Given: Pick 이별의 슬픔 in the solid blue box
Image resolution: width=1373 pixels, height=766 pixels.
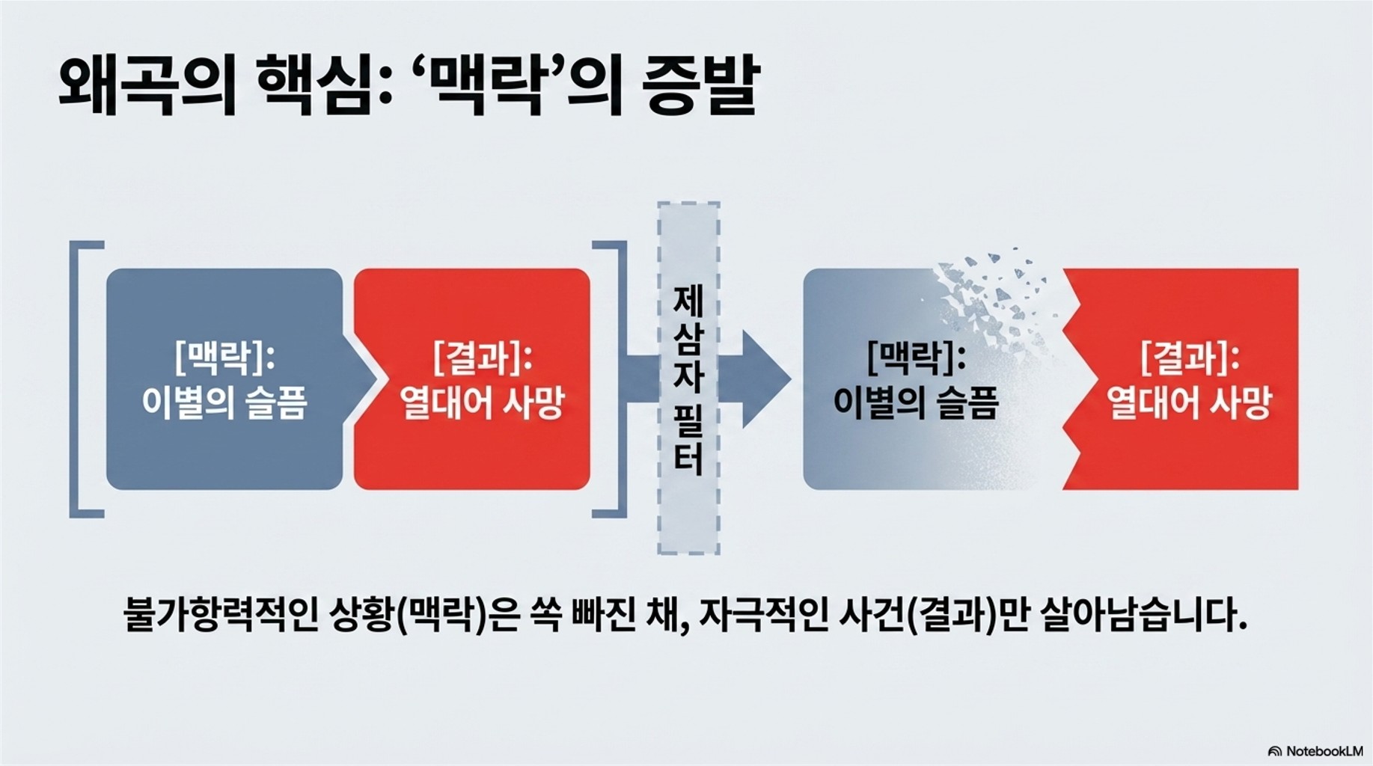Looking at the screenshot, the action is coord(224,402).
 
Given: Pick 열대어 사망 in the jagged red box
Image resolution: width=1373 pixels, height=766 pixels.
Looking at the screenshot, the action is coord(1190,402).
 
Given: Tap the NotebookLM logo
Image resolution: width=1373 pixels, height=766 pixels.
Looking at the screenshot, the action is coord(1315,750).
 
